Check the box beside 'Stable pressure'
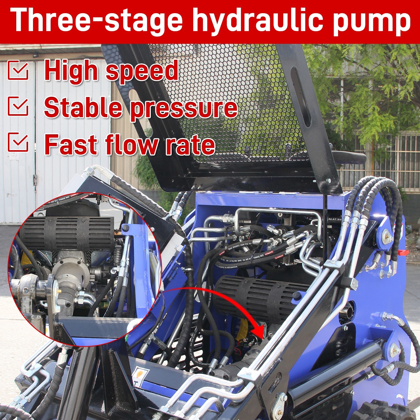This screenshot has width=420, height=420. pyautogui.click(x=18, y=106)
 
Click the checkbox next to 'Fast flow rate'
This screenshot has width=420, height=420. pyautogui.click(x=18, y=142)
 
